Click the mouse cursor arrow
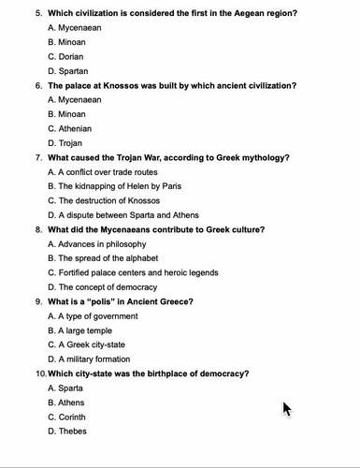pyautogui.click(x=287, y=408)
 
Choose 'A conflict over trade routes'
pyautogui.click(x=108, y=172)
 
